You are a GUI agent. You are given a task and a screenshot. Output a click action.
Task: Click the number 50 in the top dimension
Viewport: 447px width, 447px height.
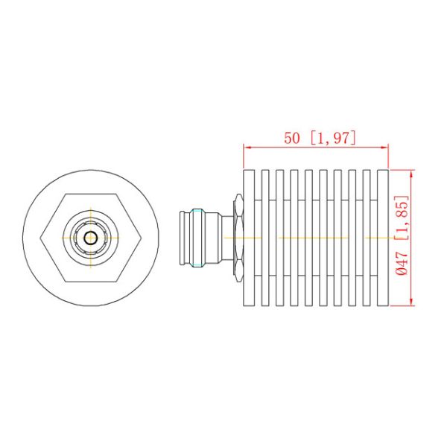[293, 138]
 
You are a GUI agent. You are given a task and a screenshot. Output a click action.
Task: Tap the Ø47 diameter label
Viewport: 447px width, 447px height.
[402, 265]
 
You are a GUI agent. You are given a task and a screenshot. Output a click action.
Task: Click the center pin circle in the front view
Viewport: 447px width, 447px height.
[90, 238]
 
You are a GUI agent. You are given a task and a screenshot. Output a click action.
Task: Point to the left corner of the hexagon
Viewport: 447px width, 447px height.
[39, 238]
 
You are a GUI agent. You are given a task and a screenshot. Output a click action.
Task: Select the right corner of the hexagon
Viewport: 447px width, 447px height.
[142, 238]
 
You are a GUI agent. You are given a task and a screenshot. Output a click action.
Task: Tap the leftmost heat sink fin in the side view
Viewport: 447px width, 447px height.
[249, 237]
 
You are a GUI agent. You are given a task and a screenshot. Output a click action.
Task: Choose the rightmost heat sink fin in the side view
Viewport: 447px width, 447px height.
[383, 237]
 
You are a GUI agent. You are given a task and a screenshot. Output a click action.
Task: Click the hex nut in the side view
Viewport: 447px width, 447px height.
[238, 237]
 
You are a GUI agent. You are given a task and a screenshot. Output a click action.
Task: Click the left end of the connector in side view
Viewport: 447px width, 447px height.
[183, 238]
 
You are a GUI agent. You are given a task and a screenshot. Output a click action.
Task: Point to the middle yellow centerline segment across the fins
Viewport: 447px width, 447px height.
[313, 238]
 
